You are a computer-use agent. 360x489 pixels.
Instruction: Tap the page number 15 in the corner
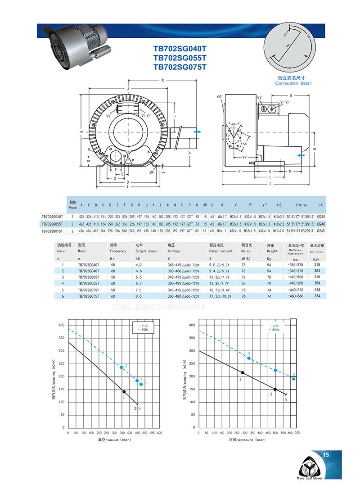click(x=326, y=455)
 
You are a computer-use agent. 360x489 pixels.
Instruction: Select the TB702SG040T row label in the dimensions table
click(x=53, y=217)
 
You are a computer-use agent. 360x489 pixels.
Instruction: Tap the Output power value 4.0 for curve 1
click(x=139, y=265)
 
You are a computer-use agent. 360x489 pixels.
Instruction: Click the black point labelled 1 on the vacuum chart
click(x=124, y=392)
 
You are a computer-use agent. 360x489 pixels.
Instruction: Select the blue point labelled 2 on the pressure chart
click(x=249, y=358)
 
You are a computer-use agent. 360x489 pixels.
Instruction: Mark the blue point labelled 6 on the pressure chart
click(x=293, y=379)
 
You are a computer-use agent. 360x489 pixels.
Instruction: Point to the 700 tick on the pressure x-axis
click(x=297, y=433)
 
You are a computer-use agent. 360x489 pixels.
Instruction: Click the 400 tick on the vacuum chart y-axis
click(x=62, y=325)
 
